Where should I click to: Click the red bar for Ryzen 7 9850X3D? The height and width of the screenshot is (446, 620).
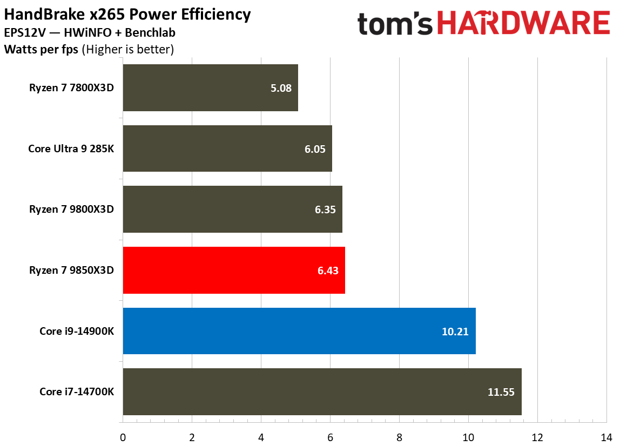(x=234, y=271)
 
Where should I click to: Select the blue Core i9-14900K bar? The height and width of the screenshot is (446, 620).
(x=299, y=331)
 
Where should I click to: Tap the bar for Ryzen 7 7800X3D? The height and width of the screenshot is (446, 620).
(x=210, y=88)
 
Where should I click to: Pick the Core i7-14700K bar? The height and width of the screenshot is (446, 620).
(x=322, y=392)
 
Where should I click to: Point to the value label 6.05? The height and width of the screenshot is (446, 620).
(x=315, y=149)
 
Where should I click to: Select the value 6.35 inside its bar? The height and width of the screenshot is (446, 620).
(x=325, y=210)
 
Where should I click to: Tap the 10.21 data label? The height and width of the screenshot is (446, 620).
(x=454, y=331)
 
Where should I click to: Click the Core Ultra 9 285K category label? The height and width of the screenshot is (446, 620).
(x=71, y=149)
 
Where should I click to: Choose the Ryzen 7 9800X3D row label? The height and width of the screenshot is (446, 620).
(x=72, y=210)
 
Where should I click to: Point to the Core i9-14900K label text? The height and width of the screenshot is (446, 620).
(x=77, y=331)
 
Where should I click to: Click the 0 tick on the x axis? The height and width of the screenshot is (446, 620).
(x=123, y=436)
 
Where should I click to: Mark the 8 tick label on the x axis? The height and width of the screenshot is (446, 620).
(x=399, y=436)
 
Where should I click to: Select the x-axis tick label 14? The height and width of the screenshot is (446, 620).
(x=606, y=436)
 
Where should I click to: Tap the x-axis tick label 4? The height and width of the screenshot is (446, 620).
(x=261, y=436)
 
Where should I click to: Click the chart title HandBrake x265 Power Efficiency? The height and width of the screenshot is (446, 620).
(x=127, y=15)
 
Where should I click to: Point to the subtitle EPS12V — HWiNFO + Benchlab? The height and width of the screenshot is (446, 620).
(x=90, y=33)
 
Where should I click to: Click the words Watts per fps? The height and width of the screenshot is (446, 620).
(x=42, y=50)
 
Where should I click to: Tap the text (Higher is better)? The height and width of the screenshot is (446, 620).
(x=127, y=50)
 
